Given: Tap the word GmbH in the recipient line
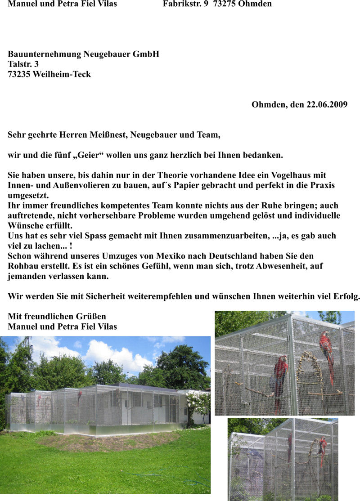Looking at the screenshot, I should [x=146, y=54].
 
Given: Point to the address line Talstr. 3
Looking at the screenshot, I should [x=23, y=64].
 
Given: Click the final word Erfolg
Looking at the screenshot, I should [x=346, y=296].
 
